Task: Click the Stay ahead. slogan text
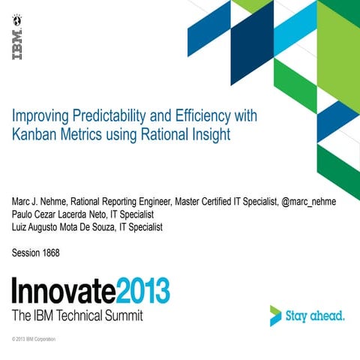coord(316,316)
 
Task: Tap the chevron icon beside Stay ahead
coord(277,316)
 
